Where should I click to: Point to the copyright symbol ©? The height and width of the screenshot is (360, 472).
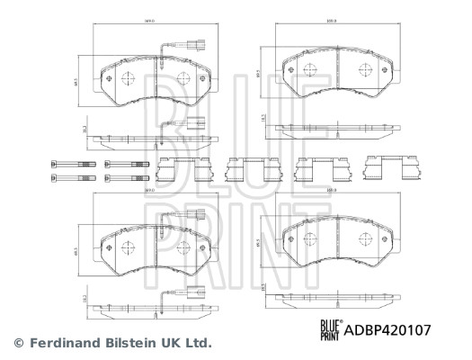pos(15,343)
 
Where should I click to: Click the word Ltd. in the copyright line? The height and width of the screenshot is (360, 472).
pos(198,343)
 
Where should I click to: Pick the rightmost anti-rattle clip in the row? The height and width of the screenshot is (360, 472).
pos(383,167)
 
